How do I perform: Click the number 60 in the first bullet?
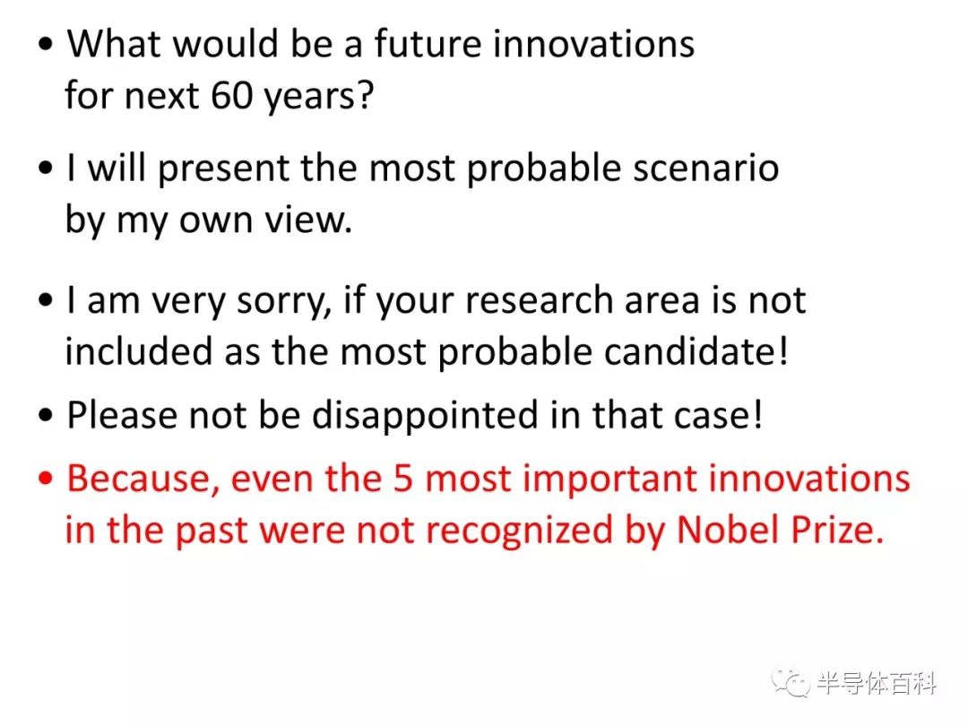coord(231,95)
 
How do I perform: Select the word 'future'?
coord(428,44)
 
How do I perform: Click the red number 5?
coord(402,479)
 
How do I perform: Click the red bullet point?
coord(46,479)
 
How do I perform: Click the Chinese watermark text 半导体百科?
coord(877,683)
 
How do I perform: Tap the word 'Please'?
coord(121,414)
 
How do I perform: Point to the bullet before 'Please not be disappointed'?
coord(46,415)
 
